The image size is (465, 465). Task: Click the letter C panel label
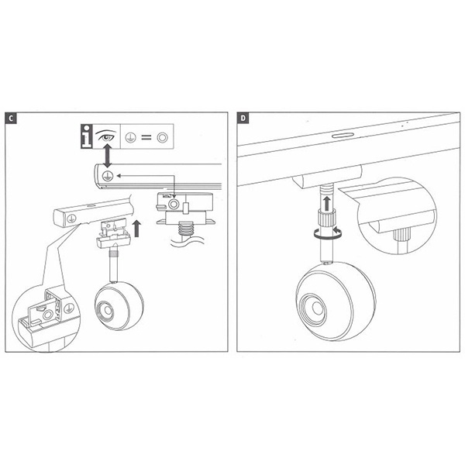[x=11, y=119]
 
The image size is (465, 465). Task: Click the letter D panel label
[x=243, y=119]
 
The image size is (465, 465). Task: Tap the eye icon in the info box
[x=106, y=136]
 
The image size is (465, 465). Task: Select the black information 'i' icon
[x=87, y=136]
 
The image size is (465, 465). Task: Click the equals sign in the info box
[x=146, y=138]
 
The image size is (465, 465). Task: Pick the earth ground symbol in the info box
[x=130, y=138]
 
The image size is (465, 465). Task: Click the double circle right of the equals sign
[x=163, y=138]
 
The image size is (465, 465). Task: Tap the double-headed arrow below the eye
[x=108, y=156]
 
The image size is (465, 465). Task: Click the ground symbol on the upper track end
[x=108, y=176]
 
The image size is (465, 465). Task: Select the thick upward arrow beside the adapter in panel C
[x=136, y=229]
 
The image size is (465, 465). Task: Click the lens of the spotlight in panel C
[x=106, y=311]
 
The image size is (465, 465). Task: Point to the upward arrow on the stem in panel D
[x=327, y=202]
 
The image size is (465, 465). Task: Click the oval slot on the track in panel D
[x=343, y=136]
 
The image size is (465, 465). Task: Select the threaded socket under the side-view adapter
[x=184, y=229]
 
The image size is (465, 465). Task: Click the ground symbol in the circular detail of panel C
[x=69, y=308]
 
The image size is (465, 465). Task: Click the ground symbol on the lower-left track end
[x=71, y=219]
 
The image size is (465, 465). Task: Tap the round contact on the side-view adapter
[x=174, y=204]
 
